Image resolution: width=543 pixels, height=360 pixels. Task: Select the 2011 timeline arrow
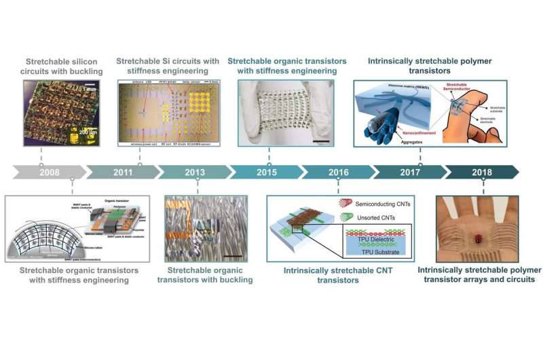point(122,173)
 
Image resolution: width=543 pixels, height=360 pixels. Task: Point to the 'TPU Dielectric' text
point(360,242)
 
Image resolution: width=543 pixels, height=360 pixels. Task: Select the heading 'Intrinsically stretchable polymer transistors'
point(430,65)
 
